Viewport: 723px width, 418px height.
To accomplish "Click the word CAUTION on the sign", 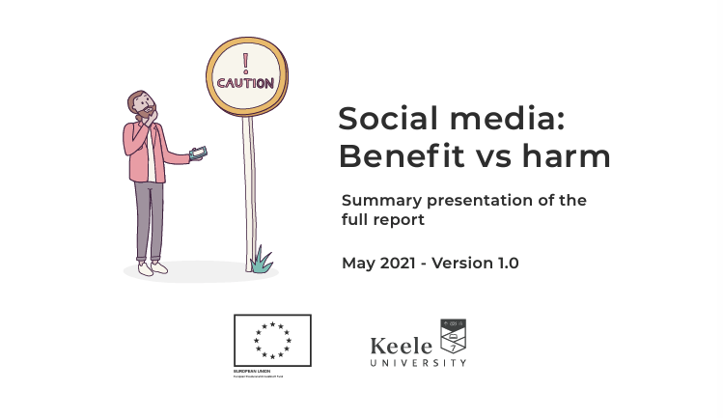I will (244, 84).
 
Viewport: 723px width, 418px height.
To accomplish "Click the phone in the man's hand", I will (199, 153).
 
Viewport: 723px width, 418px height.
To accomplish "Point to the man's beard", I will (144, 116).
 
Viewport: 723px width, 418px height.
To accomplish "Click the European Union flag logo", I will (272, 341).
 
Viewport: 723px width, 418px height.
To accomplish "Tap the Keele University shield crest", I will (453, 336).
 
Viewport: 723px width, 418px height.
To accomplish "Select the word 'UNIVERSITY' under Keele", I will (417, 363).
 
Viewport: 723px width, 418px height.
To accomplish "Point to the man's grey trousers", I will (150, 217).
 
